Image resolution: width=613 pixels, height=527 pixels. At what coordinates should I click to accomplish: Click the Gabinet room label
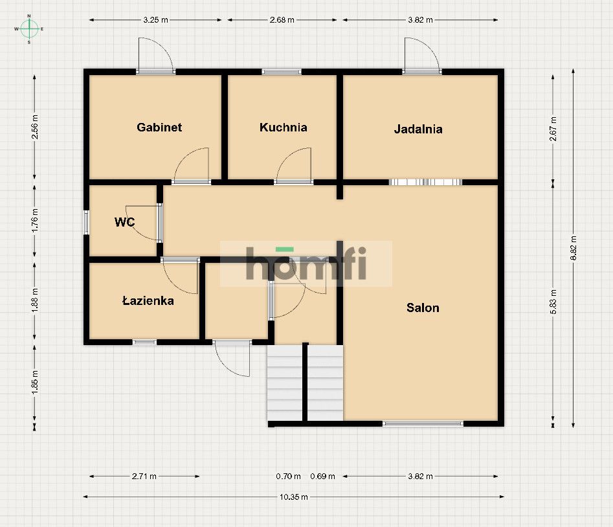(159, 128)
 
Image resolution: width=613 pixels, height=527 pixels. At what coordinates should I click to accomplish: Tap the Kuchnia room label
(283, 128)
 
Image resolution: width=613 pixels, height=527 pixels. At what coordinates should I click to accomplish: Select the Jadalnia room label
(418, 129)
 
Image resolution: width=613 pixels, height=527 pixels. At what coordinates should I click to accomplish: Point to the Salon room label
(423, 308)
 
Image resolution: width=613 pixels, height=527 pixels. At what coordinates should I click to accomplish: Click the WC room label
(124, 222)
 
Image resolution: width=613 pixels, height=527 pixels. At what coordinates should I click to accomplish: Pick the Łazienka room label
(148, 300)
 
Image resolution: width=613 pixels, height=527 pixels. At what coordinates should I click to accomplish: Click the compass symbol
(29, 29)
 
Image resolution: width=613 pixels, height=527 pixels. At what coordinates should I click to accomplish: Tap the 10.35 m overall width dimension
(294, 497)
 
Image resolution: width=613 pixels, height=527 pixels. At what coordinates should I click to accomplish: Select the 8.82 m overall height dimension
(573, 248)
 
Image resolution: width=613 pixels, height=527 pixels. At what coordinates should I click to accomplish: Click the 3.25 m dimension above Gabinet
(155, 20)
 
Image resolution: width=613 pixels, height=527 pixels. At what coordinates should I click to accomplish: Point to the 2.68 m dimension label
(282, 20)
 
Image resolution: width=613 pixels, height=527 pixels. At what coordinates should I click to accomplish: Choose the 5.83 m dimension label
(553, 302)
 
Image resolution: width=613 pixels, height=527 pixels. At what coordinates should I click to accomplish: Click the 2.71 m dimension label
(144, 476)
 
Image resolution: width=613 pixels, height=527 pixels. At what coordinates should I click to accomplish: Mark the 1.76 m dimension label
(35, 220)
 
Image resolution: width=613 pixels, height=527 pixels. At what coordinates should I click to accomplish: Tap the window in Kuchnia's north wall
(282, 72)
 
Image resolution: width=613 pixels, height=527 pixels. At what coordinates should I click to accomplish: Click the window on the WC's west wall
(86, 223)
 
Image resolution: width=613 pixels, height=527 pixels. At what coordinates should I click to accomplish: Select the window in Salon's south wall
(423, 423)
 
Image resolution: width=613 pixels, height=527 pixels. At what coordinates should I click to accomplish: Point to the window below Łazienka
(144, 342)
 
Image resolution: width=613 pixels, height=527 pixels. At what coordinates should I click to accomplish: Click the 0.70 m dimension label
(288, 476)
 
